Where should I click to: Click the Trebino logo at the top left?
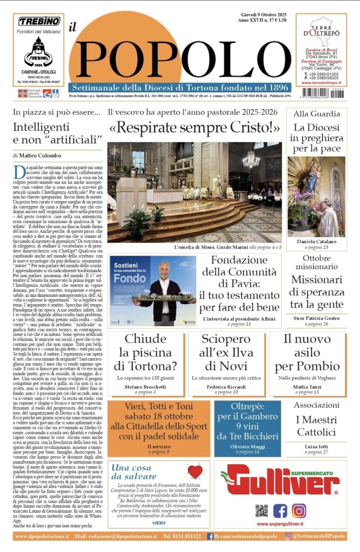(x=39, y=22)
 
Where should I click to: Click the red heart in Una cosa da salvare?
(x=195, y=472)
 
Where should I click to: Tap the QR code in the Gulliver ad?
(x=261, y=510)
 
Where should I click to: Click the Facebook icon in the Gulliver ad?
(x=280, y=510)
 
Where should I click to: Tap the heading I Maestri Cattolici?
(x=316, y=426)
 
